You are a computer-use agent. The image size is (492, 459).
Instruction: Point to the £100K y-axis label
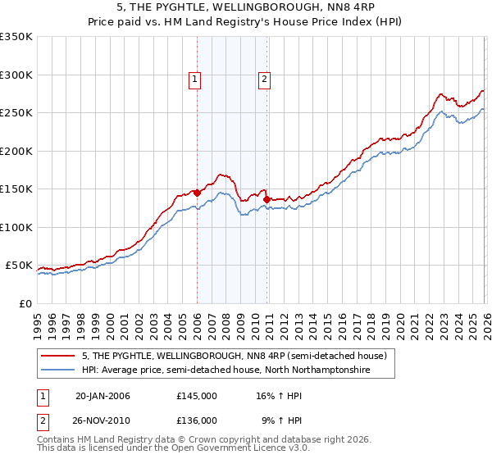point(17,227)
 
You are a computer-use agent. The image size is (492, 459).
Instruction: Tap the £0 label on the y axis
point(25,303)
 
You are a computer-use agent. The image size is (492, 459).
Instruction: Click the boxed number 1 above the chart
point(195,80)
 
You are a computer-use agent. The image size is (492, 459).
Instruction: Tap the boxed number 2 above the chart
point(265,80)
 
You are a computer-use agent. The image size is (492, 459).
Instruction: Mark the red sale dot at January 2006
point(197,193)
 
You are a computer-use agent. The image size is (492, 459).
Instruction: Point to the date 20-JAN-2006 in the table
point(102,396)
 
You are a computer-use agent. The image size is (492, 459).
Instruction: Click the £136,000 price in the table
point(197,420)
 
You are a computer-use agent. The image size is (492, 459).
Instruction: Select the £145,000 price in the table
point(197,396)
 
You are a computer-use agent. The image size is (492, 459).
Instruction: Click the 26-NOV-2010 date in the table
point(102,420)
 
